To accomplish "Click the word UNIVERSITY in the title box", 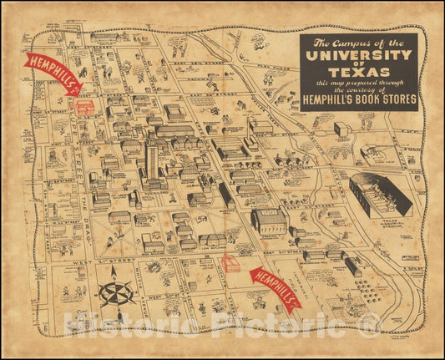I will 358,56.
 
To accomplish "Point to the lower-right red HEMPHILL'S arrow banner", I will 275,287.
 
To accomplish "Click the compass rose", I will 118,294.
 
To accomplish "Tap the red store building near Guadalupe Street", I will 84,107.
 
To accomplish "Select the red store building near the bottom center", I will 230,264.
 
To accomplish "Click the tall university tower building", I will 151,159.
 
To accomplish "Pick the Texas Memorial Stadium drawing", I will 381,197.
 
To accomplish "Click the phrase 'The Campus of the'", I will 358,42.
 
